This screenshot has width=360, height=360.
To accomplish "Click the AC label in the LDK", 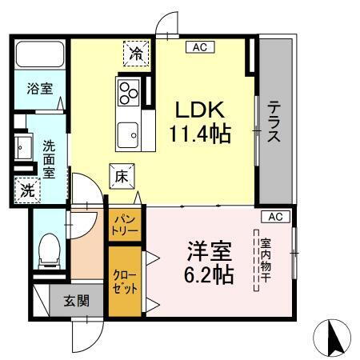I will [200, 47].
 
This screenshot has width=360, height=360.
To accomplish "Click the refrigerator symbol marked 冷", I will [137, 54].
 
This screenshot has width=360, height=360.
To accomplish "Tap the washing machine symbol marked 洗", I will [26, 190].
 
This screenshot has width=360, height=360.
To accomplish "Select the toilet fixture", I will [49, 249].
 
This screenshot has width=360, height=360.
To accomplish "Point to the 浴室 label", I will [38, 88].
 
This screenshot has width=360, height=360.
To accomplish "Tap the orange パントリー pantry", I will [126, 223].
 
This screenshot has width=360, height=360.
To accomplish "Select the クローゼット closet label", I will [125, 281].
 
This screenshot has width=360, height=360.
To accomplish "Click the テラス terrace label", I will [274, 122].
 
